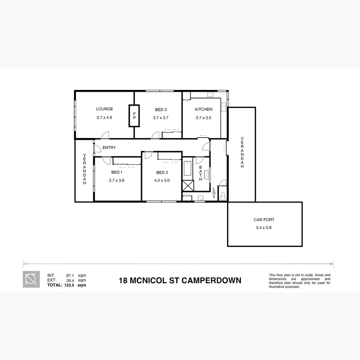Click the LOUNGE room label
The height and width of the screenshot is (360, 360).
104,109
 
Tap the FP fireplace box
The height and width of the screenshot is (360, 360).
134,116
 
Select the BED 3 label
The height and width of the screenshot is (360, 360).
161,110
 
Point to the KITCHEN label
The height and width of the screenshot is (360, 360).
203,109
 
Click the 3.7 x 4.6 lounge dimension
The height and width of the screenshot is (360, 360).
104,118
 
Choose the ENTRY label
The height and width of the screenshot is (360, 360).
109,148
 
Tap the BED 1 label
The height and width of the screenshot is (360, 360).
117,172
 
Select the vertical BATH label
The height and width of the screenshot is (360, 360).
201,173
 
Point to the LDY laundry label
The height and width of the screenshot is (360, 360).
214,193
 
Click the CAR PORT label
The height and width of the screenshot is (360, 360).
264,220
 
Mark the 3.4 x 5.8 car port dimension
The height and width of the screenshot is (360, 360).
264,228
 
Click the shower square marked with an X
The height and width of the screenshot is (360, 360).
188,185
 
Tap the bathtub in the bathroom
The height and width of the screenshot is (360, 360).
187,169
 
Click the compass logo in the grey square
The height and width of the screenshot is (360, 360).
31,279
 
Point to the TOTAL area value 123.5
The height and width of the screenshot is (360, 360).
70,285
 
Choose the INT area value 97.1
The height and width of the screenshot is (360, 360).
70,276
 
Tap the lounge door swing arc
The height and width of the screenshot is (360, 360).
105,135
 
